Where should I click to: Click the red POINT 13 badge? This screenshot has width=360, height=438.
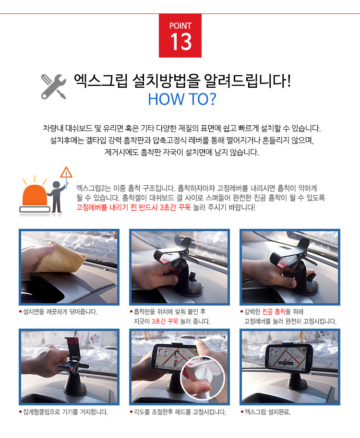[x=180, y=36]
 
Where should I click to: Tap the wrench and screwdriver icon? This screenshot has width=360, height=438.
[x=54, y=87]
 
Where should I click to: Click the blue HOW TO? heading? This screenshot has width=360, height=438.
[x=182, y=99]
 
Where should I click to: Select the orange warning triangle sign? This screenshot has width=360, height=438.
[x=66, y=172]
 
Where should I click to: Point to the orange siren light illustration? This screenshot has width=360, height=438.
[x=35, y=196]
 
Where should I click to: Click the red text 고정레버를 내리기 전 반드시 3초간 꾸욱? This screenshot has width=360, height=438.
[x=133, y=208]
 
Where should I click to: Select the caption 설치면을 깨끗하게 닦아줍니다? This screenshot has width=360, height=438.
[x=60, y=312]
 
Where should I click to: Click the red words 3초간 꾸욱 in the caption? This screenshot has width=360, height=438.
[x=165, y=321]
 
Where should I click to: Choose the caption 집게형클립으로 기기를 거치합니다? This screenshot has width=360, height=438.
[x=65, y=412]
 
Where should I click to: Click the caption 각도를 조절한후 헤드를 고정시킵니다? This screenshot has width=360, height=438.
[x=180, y=412]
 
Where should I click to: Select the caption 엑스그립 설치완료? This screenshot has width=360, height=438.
[x=268, y=412]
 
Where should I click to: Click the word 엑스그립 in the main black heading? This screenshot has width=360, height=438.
[x=101, y=81]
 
